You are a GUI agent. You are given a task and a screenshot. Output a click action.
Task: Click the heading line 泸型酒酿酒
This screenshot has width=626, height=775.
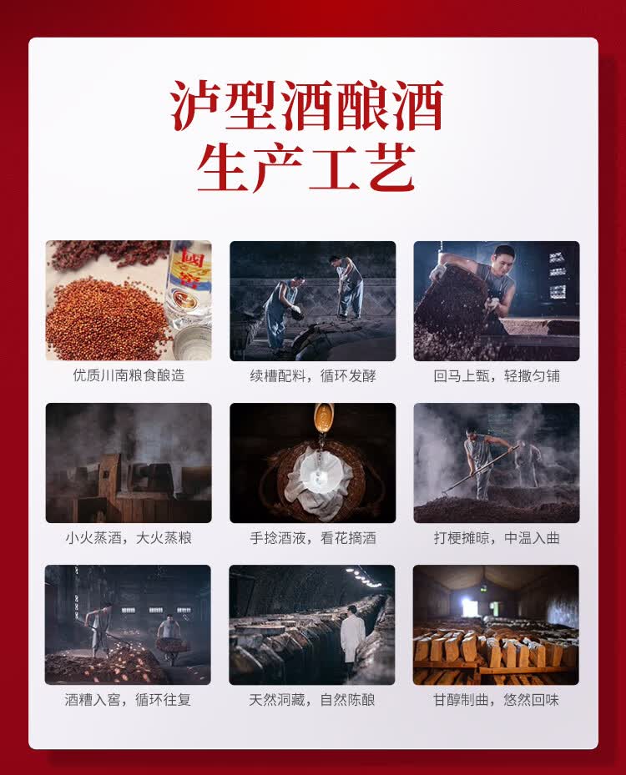coord(306,105)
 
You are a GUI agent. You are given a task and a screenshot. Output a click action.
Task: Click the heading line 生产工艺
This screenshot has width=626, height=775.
coord(306,168)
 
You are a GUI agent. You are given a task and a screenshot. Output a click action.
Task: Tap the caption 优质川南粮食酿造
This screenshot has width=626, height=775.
coord(129,375)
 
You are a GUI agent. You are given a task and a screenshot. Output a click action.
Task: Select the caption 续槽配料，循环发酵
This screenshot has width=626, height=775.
coord(313,376)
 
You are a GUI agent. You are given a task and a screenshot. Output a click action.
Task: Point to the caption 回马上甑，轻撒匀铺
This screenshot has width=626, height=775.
coord(497,376)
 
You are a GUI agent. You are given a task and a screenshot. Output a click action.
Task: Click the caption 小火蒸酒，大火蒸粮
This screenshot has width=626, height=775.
coord(129,538)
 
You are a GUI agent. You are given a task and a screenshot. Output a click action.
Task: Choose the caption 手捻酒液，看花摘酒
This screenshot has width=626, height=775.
coord(313,538)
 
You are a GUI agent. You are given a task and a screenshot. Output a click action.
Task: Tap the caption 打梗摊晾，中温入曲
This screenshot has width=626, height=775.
coord(497,538)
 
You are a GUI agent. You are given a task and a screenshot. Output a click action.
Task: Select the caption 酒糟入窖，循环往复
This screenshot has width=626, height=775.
coord(128,700)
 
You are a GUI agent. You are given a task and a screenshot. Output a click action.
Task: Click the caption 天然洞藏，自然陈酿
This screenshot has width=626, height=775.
coord(312,700)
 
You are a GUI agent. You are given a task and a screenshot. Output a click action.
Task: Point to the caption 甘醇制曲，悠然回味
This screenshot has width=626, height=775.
coord(496,700)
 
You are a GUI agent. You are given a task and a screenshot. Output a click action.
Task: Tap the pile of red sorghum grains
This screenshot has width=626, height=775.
coord(106,316)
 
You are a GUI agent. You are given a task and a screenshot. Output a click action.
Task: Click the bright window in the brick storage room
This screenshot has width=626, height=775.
coord(467,604)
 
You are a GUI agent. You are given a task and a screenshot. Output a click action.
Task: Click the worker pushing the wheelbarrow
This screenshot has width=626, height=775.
coord(169,635)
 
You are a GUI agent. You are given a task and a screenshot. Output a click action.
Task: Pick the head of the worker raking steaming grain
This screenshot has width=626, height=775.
coord(472,434)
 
